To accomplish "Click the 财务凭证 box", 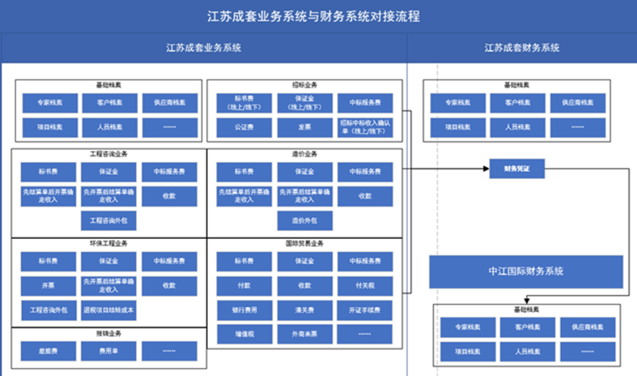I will tap(517, 169).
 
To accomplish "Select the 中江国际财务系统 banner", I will tap(526, 272).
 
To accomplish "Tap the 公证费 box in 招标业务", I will tap(244, 127).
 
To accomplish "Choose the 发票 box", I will tap(304, 127).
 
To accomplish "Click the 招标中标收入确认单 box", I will tap(365, 127).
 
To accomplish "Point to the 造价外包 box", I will tap(304, 221).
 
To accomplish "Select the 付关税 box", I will tap(365, 286).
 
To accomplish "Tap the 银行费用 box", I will tap(244, 310).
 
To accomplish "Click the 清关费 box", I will tap(304, 310).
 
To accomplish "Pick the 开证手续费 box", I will tap(365, 310).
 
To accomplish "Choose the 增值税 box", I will tap(244, 334).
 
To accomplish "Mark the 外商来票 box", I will tap(304, 334).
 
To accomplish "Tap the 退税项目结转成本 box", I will tap(109, 310).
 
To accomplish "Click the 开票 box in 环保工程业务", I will tap(48, 286).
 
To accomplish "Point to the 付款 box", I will tap(244, 286).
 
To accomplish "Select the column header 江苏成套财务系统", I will tap(521, 48).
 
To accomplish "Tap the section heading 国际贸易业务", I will tap(304, 243).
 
